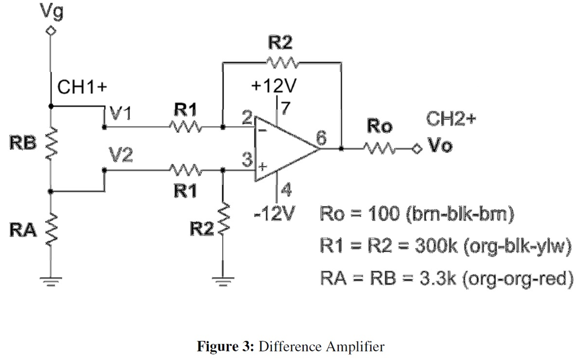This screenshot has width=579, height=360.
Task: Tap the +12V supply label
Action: click(275, 86)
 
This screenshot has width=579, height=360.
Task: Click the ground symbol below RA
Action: click(51, 278)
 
